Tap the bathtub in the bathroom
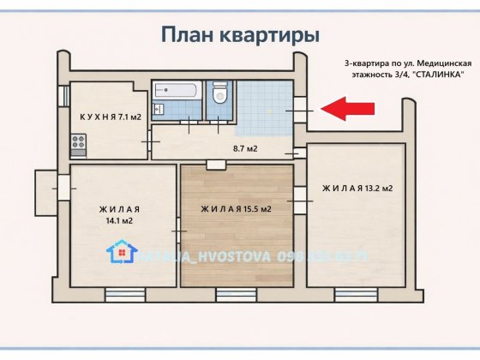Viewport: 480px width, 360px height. [x=177, y=89]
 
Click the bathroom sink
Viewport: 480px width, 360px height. [x=160, y=107]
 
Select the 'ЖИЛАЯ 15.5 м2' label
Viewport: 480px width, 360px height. [x=236, y=209]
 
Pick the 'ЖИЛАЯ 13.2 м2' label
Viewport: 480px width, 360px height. [x=357, y=188]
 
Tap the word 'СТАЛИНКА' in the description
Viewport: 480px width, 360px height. [x=438, y=75]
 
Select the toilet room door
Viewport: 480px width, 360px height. [x=220, y=121]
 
